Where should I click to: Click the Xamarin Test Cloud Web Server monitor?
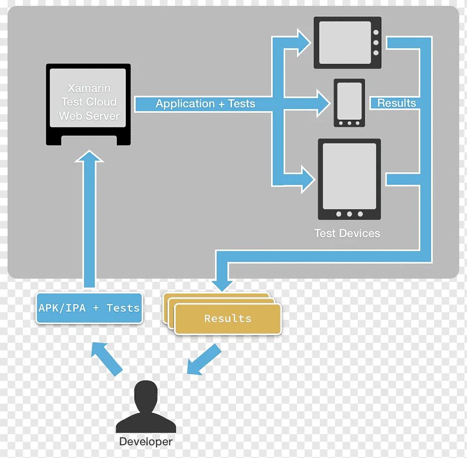88,104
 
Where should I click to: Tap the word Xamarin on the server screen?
89,88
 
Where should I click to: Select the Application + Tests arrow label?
205,104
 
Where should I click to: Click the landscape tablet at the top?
347,43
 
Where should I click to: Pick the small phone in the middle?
349,103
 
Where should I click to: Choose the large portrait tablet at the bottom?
349,179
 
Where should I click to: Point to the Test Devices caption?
347,234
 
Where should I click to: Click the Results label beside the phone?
396,103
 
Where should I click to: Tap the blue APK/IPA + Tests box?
89,308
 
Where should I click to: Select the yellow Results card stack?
227,318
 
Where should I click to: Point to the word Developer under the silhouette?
146,442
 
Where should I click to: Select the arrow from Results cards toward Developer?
204,359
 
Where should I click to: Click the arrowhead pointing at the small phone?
323,103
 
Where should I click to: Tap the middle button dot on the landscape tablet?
376,42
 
